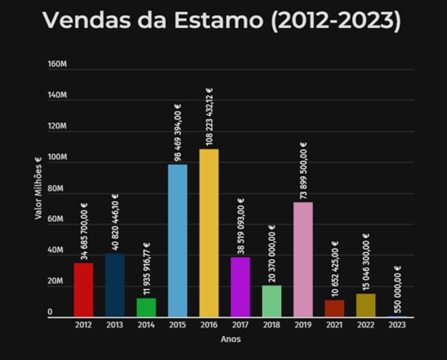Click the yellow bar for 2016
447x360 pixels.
(x=209, y=233)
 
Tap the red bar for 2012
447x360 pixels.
(x=84, y=290)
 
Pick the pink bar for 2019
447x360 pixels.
(x=303, y=259)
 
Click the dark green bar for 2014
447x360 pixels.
(x=146, y=308)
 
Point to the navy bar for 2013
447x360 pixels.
(x=115, y=285)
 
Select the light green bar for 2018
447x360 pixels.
(x=272, y=301)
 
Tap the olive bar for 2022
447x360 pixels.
(x=366, y=305)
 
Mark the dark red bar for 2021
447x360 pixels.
(x=334, y=308)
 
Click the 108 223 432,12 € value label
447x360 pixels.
(x=210, y=116)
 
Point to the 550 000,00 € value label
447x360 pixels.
(x=398, y=289)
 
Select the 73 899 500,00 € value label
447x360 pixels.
(x=303, y=169)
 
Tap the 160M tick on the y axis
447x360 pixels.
(x=57, y=64)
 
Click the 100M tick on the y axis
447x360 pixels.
(x=57, y=158)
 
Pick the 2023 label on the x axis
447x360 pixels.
(x=397, y=325)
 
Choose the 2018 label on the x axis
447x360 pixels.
(x=272, y=325)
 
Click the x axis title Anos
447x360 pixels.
(x=230, y=339)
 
